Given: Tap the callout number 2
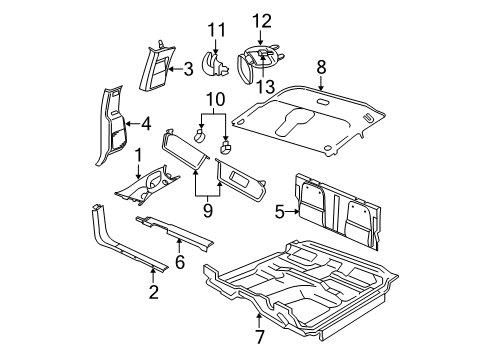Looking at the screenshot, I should click(x=153, y=291).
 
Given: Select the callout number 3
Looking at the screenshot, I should click(x=187, y=69).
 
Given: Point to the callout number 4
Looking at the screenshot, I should click(x=146, y=126).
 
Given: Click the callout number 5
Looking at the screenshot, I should click(x=279, y=210).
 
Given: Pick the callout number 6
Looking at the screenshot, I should click(x=180, y=262).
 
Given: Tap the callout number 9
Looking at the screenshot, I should click(x=207, y=211).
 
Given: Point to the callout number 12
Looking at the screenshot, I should click(x=261, y=20).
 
